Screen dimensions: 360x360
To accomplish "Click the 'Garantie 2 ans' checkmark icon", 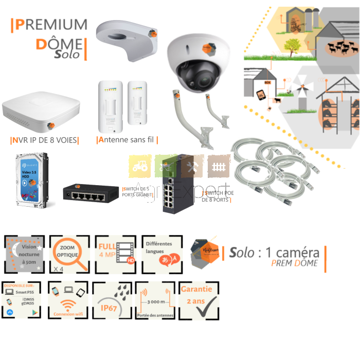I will [x=198, y=301].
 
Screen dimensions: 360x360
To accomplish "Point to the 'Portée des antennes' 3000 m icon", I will [x=155, y=301].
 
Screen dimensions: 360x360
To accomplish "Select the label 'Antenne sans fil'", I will [x=127, y=140].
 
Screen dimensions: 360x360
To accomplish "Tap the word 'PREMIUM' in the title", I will [x=49, y=24].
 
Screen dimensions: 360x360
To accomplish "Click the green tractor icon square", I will [x=140, y=166].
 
